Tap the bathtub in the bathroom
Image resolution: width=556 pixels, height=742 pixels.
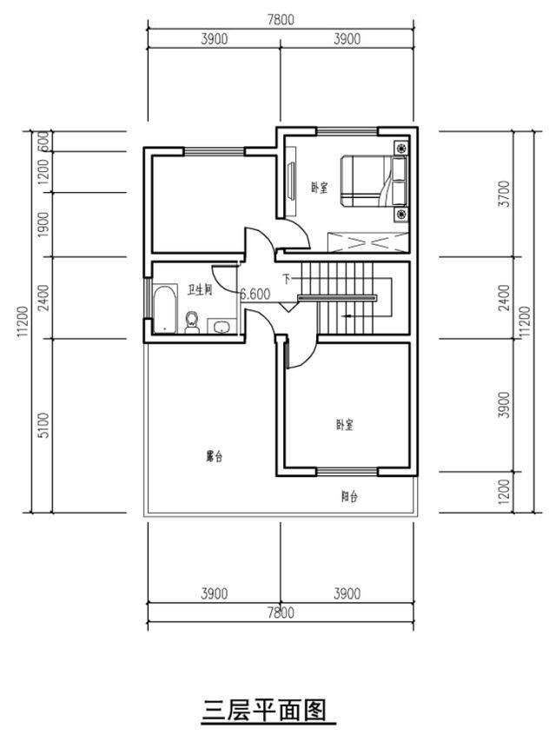point(164,311)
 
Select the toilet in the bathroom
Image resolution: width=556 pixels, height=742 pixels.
point(193,322)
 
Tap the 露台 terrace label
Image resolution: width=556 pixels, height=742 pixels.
point(214,456)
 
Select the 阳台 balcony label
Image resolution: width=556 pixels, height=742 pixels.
point(349,497)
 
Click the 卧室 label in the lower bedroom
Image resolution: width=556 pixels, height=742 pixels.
point(344,425)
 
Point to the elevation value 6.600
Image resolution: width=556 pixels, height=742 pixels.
point(255,295)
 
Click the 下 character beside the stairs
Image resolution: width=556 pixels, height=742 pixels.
point(285,280)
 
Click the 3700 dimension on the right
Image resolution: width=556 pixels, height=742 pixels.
point(527,194)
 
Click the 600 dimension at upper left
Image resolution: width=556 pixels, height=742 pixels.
point(43,141)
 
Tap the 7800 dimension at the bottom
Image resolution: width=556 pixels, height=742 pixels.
point(280,613)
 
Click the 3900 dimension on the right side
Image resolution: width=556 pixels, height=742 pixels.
point(527,406)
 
